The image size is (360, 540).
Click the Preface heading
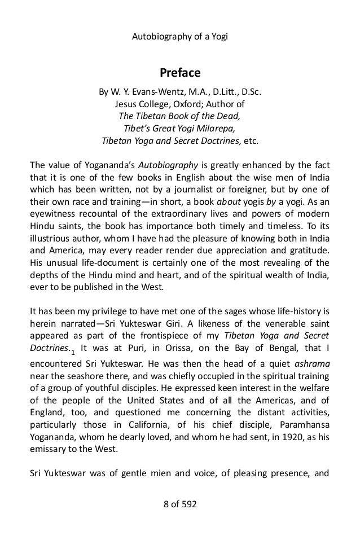[x=180, y=73]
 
